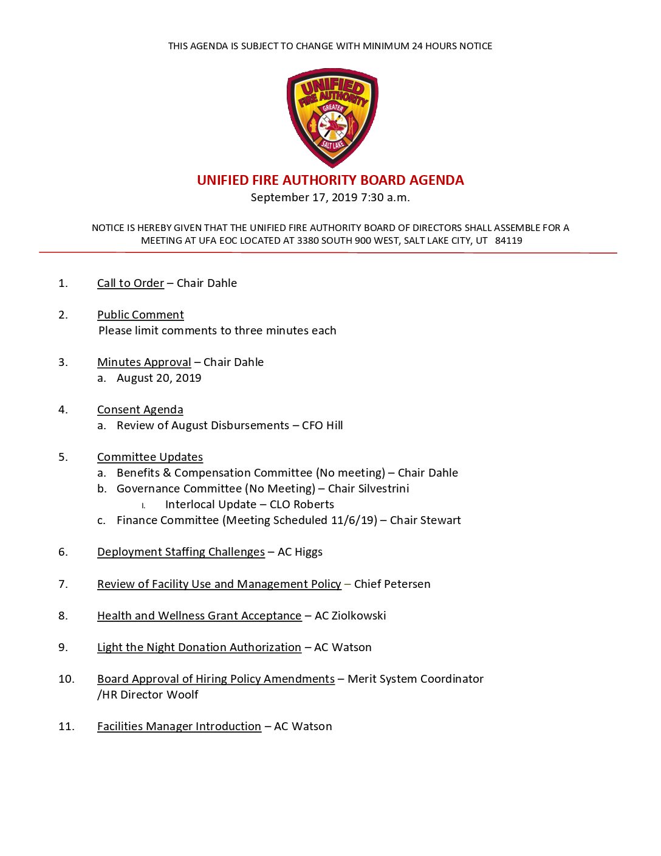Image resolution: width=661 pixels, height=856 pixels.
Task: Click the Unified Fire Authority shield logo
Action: pos(332,117)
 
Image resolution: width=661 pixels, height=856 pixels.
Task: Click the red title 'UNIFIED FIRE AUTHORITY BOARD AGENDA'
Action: pos(330,180)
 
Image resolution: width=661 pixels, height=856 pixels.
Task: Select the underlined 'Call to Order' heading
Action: pos(131,283)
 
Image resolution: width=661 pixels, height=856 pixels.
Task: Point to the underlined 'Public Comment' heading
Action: pos(140,315)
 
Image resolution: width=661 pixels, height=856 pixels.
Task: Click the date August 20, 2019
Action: pos(159,378)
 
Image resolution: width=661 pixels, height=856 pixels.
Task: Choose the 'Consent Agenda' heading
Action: pos(140,410)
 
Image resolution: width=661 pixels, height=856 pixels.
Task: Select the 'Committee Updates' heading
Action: pos(150,457)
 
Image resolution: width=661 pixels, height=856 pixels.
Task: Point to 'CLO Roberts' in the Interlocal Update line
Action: pos(302,505)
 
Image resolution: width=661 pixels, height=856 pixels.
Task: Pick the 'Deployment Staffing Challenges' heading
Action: pos(181,552)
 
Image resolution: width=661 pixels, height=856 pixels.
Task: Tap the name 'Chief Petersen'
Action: pos(392,584)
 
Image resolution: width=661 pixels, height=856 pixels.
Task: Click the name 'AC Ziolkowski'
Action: pos(350,616)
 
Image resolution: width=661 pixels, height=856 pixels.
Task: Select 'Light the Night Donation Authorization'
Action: pos(199,647)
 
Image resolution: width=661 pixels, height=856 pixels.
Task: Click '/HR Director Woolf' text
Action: pos(148,695)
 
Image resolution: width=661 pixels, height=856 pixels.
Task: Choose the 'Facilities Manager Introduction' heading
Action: pos(179,727)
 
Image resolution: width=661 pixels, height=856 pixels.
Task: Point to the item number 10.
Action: pos(66,679)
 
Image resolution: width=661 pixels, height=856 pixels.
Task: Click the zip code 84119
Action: pos(509,241)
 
